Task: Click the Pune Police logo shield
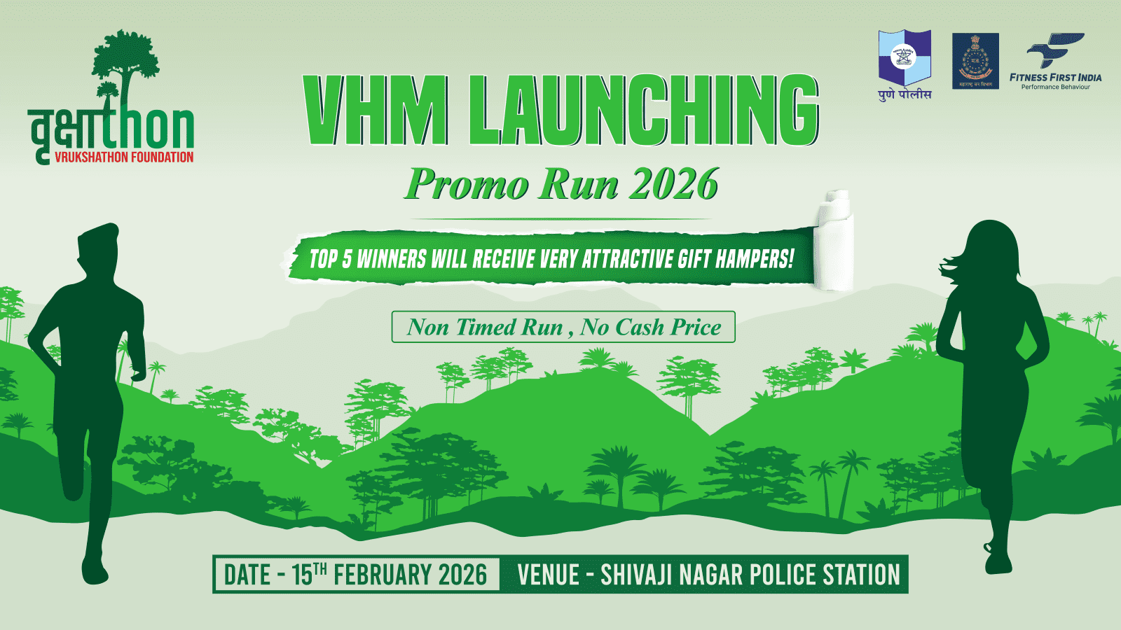click(905, 58)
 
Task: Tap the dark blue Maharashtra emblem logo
click(975, 61)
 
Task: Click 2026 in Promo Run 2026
click(673, 184)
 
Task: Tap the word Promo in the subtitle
click(466, 184)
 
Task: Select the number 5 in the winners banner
click(347, 260)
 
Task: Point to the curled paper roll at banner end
click(834, 241)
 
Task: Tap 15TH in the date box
click(309, 574)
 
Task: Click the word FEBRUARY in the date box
click(382, 575)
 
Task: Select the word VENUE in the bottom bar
click(548, 575)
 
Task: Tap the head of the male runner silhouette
click(98, 245)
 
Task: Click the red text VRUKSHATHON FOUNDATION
click(124, 157)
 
